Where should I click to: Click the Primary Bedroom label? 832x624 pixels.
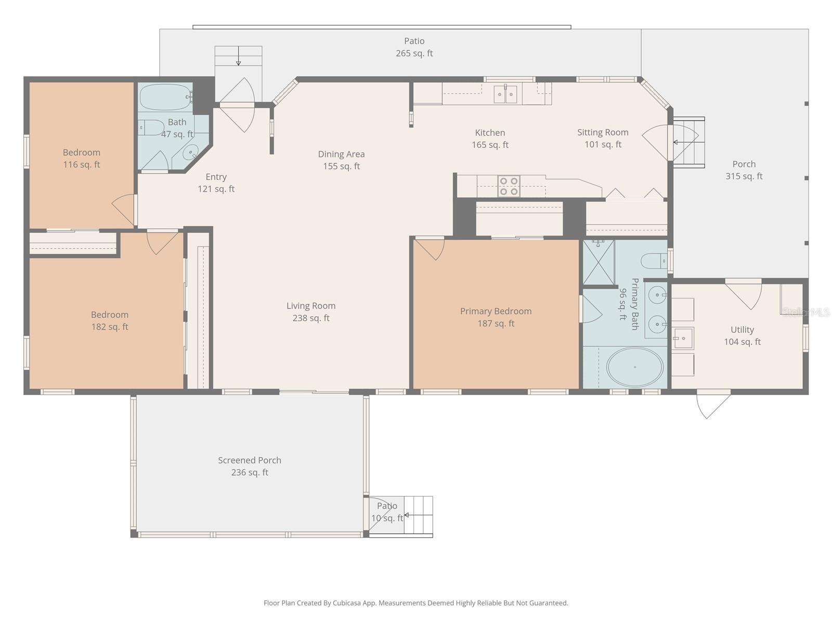(x=496, y=311)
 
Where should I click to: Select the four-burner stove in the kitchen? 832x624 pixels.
(x=509, y=186)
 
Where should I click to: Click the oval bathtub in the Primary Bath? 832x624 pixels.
(x=635, y=367)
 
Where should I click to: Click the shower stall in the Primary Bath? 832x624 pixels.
(x=599, y=263)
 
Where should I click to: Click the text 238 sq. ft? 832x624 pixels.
(x=311, y=318)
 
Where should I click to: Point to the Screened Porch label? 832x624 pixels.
(x=250, y=460)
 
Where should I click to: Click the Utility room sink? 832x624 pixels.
(x=683, y=338)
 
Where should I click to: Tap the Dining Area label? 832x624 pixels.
(x=341, y=154)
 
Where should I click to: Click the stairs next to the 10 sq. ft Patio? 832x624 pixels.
(x=419, y=515)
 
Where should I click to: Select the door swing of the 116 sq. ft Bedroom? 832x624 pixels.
(x=124, y=209)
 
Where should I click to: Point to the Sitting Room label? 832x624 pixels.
(x=603, y=133)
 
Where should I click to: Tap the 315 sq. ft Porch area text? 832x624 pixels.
(x=744, y=176)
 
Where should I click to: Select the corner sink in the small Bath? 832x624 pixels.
(x=191, y=152)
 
